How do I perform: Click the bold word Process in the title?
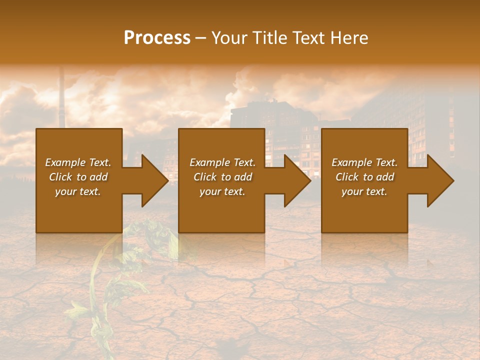click(x=157, y=38)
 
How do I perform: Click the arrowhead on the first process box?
click(x=154, y=180)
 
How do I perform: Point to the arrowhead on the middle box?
click(x=297, y=180)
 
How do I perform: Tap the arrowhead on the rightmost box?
click(x=440, y=180)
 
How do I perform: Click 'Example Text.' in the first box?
click(x=78, y=162)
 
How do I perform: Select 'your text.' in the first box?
click(x=78, y=191)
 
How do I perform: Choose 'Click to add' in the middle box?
click(x=222, y=177)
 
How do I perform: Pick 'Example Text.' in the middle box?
click(x=222, y=162)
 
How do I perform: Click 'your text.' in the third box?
click(x=364, y=191)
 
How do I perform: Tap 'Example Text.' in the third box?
click(x=364, y=162)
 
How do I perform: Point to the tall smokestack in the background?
click(x=61, y=97)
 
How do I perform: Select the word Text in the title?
click(x=309, y=38)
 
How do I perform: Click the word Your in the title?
click(x=229, y=38)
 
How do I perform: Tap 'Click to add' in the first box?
click(x=78, y=177)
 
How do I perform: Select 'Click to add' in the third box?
click(x=364, y=177)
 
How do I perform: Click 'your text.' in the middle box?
click(x=222, y=191)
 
